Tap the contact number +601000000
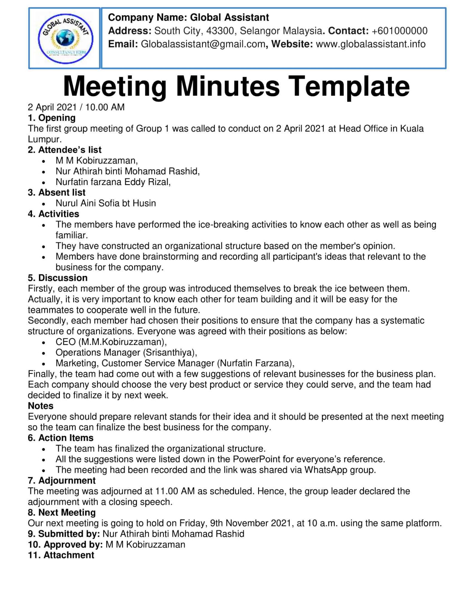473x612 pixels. (x=399, y=31)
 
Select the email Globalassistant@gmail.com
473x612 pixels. (x=203, y=44)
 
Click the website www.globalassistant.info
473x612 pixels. (x=371, y=44)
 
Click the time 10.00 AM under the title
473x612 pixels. (x=105, y=107)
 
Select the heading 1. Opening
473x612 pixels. (x=52, y=118)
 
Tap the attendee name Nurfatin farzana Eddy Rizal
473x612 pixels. (x=113, y=182)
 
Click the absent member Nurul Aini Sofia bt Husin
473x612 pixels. (x=106, y=203)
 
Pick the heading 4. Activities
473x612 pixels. (x=53, y=214)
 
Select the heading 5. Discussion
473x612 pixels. (x=58, y=278)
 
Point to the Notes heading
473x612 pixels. (x=41, y=406)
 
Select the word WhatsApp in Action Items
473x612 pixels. (x=326, y=470)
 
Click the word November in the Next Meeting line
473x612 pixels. (x=247, y=523)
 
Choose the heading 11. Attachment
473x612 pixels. (x=61, y=555)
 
